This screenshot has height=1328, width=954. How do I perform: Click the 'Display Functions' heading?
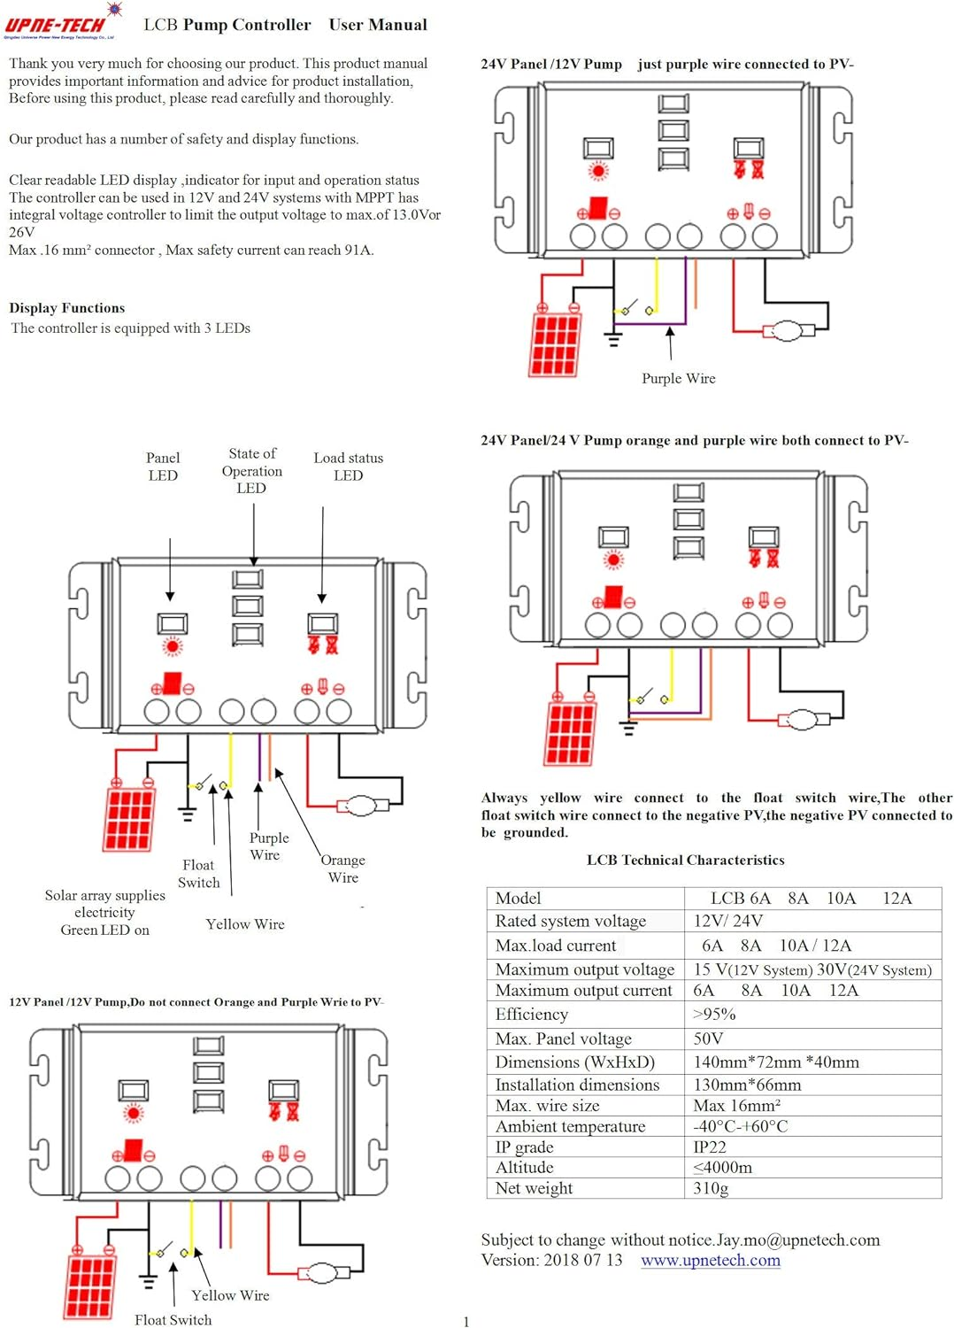point(67,308)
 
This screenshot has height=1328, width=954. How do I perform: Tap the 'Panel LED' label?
point(163,467)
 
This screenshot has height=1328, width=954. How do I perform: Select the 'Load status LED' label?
point(348,467)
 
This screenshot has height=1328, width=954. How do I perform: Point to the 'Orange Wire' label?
point(342,869)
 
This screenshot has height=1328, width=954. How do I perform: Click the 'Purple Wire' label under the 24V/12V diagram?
point(678,378)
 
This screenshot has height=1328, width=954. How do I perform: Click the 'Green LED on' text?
point(104,930)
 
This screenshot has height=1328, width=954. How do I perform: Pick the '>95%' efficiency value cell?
point(714,1014)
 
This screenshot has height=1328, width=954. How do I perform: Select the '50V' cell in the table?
point(708,1038)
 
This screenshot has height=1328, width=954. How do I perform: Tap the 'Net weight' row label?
point(534,1188)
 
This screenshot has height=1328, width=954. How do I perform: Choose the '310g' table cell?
point(711,1188)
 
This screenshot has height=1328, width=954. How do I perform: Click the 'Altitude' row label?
point(524,1167)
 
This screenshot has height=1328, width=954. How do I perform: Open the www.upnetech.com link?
point(710,1260)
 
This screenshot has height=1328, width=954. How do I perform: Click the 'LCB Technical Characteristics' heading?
point(685,860)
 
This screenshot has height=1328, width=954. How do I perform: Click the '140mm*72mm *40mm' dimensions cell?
point(775,1062)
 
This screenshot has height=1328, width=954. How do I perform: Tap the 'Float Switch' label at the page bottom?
point(173,1319)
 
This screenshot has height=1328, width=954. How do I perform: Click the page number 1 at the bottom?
point(466,1321)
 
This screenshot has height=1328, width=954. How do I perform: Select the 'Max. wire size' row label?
point(547,1105)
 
